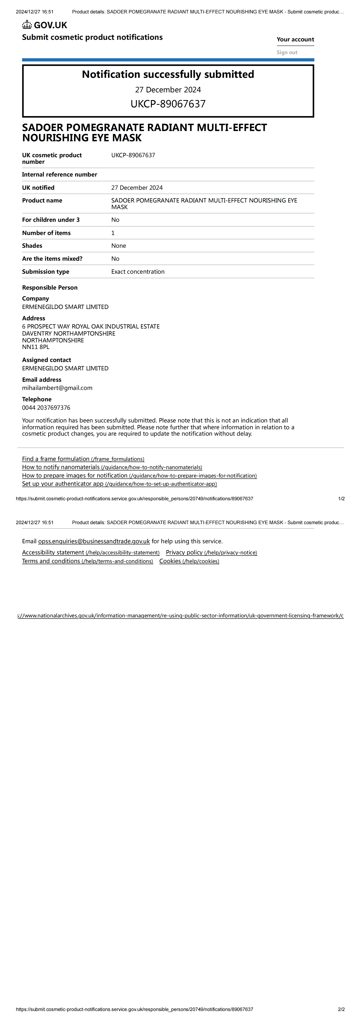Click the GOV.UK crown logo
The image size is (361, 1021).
click(x=27, y=25)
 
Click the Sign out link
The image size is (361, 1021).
click(x=287, y=52)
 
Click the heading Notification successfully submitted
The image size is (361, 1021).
click(x=168, y=75)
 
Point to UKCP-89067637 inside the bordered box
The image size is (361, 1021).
click(x=168, y=104)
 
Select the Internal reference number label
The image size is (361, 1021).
click(x=59, y=174)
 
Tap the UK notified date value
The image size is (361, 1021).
click(x=137, y=187)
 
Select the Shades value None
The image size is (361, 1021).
click(x=119, y=246)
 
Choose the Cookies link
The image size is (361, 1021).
click(x=189, y=561)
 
